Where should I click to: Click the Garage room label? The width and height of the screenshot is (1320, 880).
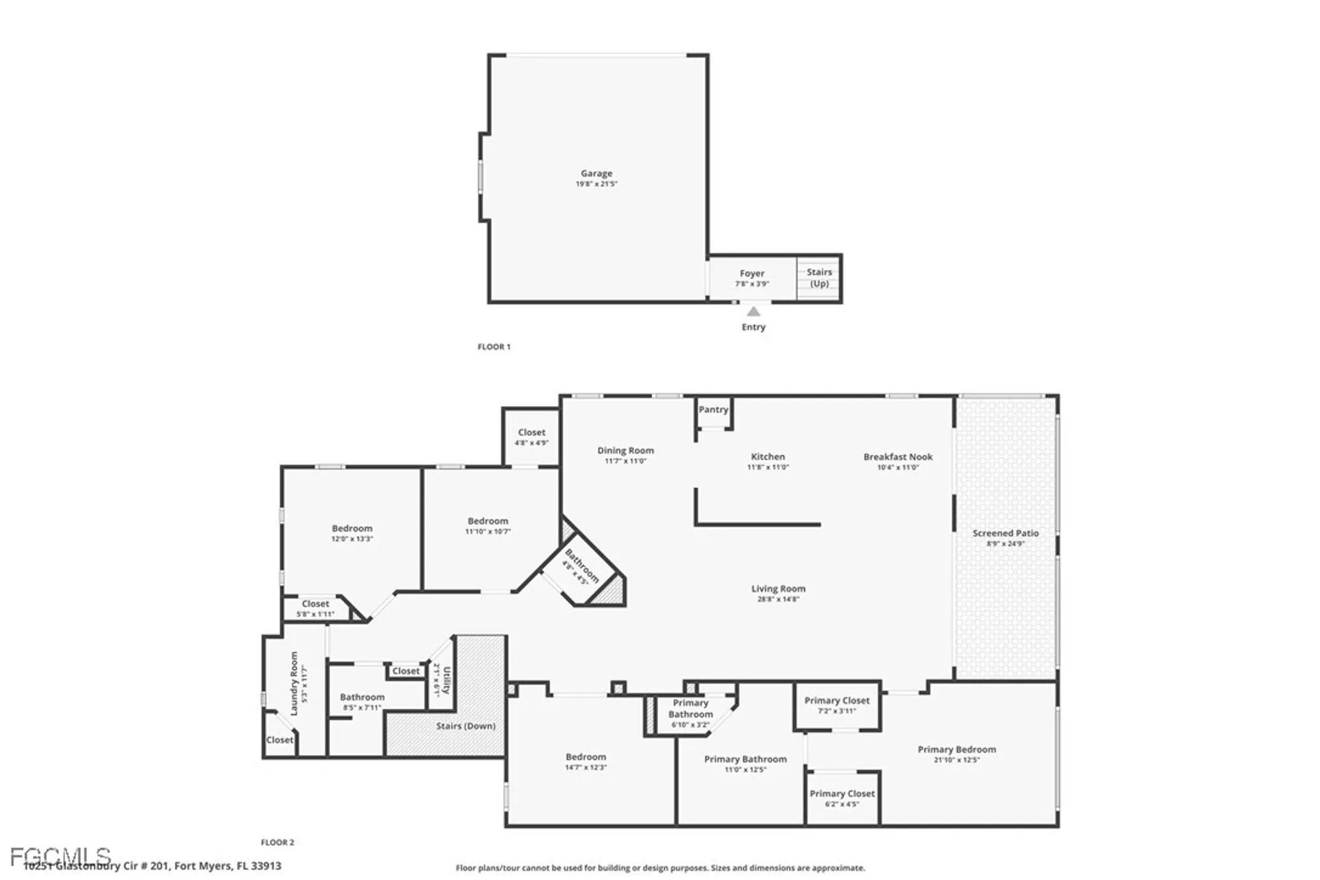click(x=596, y=174)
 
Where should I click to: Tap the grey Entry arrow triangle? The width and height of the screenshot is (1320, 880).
click(x=753, y=312)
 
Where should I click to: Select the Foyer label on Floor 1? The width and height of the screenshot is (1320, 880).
click(x=752, y=273)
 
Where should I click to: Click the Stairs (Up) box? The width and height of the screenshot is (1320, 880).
click(x=819, y=278)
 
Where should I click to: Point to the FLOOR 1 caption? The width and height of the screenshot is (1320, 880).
click(x=494, y=347)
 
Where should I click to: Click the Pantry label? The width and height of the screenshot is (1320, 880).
click(x=713, y=409)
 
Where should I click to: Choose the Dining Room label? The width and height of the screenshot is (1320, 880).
click(x=625, y=450)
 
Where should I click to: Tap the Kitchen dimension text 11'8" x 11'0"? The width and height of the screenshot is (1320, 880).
click(x=768, y=467)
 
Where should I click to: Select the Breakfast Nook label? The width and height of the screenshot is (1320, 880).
click(x=898, y=457)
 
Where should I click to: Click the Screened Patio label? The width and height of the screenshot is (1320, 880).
click(x=1005, y=533)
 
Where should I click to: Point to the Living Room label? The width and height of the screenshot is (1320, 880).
click(x=778, y=589)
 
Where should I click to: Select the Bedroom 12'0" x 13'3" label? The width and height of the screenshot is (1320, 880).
click(x=352, y=528)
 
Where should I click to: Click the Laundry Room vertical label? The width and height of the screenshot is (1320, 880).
click(x=294, y=683)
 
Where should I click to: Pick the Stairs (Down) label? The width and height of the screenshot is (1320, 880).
click(x=465, y=726)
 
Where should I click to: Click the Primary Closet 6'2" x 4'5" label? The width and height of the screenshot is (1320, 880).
click(x=842, y=794)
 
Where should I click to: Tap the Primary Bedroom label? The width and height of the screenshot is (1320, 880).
click(x=956, y=749)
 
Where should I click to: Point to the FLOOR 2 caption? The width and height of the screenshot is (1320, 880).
click(x=277, y=842)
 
